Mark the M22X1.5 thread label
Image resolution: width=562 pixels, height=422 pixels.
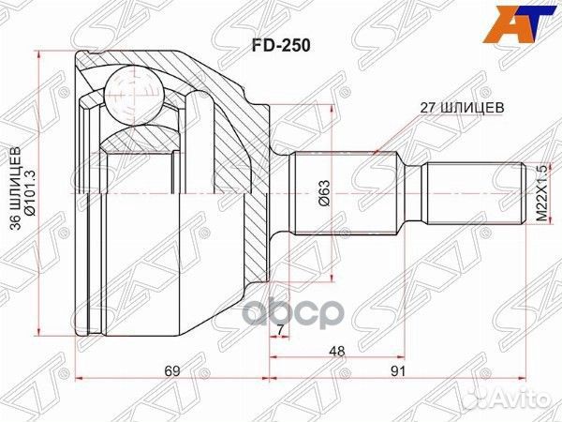click(540, 193)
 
